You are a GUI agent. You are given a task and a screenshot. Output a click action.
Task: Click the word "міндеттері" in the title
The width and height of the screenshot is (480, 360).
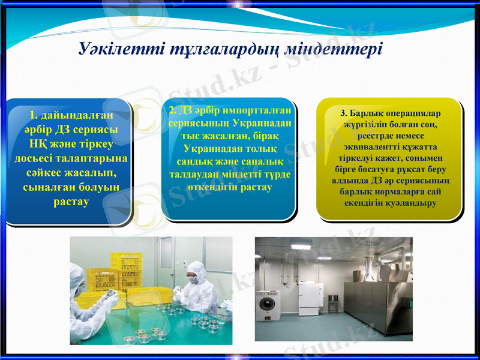click(340, 49)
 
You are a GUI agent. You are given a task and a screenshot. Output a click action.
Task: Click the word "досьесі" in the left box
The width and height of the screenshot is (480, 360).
click(37, 158)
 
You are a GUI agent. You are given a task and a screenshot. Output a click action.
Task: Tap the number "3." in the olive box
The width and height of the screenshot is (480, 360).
click(344, 113)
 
